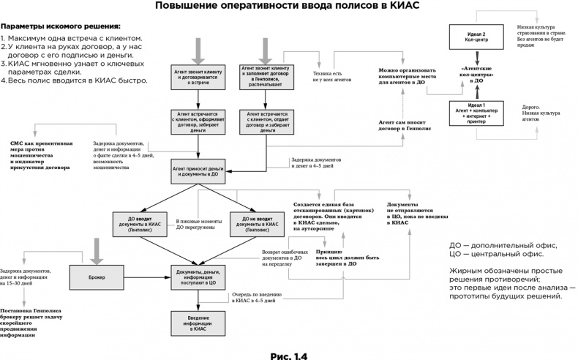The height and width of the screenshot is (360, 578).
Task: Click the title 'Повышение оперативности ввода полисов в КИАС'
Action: tap(288, 7)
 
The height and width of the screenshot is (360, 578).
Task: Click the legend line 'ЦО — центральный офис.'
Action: tap(495, 253)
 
